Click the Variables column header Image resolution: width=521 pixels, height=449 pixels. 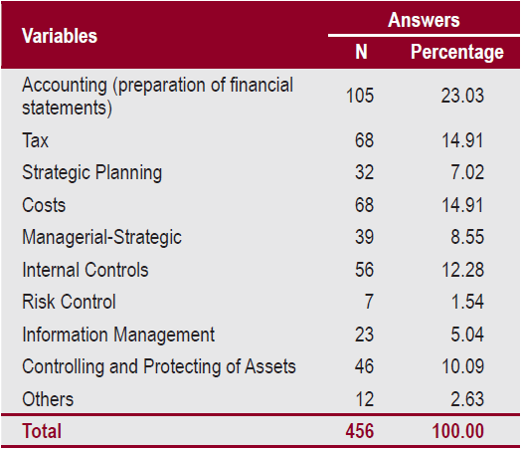[60, 36]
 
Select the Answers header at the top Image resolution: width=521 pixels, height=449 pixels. [424, 19]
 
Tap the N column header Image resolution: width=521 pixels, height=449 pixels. [361, 53]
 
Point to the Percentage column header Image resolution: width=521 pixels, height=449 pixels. [457, 53]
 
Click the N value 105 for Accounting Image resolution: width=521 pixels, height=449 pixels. [359, 97]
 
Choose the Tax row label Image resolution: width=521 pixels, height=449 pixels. [36, 140]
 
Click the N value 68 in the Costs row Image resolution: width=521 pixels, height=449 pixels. [364, 205]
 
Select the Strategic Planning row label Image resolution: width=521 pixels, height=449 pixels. [91, 172]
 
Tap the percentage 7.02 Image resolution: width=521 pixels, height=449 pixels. [467, 172]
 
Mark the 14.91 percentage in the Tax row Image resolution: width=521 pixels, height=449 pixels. [462, 140]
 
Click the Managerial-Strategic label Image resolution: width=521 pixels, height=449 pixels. [101, 237]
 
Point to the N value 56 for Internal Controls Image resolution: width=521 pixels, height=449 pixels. [364, 270]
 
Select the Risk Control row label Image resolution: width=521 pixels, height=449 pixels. [69, 302]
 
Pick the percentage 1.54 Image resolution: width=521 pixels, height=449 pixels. [467, 302]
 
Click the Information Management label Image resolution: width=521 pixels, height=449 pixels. [118, 335]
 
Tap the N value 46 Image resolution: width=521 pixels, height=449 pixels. [364, 366]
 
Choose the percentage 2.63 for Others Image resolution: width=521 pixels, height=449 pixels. [467, 399]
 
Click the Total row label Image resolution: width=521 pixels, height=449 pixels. [42, 431]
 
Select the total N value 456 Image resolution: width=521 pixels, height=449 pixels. [359, 431]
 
